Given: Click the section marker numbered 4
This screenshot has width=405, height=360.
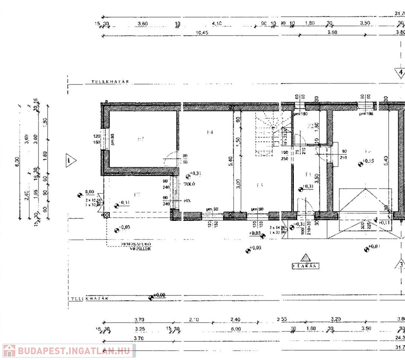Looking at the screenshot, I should pyautogui.click(x=400, y=73).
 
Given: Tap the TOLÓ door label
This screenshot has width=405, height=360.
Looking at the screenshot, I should pyautogui.click(x=189, y=184).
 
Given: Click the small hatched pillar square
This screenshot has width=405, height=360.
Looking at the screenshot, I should pyautogui.click(x=107, y=215).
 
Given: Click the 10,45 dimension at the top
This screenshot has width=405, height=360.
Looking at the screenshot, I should pyautogui.click(x=202, y=32).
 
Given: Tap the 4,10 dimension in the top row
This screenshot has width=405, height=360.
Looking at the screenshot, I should pyautogui.click(x=216, y=23).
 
